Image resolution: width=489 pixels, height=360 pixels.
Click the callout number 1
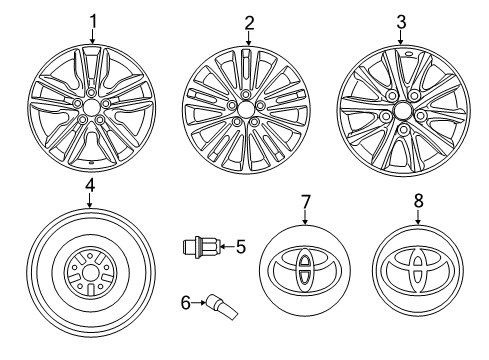pos(94,20)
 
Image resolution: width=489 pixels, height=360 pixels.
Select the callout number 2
pos(248,21)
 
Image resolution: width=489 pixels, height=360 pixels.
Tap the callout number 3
pos(401,20)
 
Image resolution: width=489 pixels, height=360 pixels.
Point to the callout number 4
pos(89,186)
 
